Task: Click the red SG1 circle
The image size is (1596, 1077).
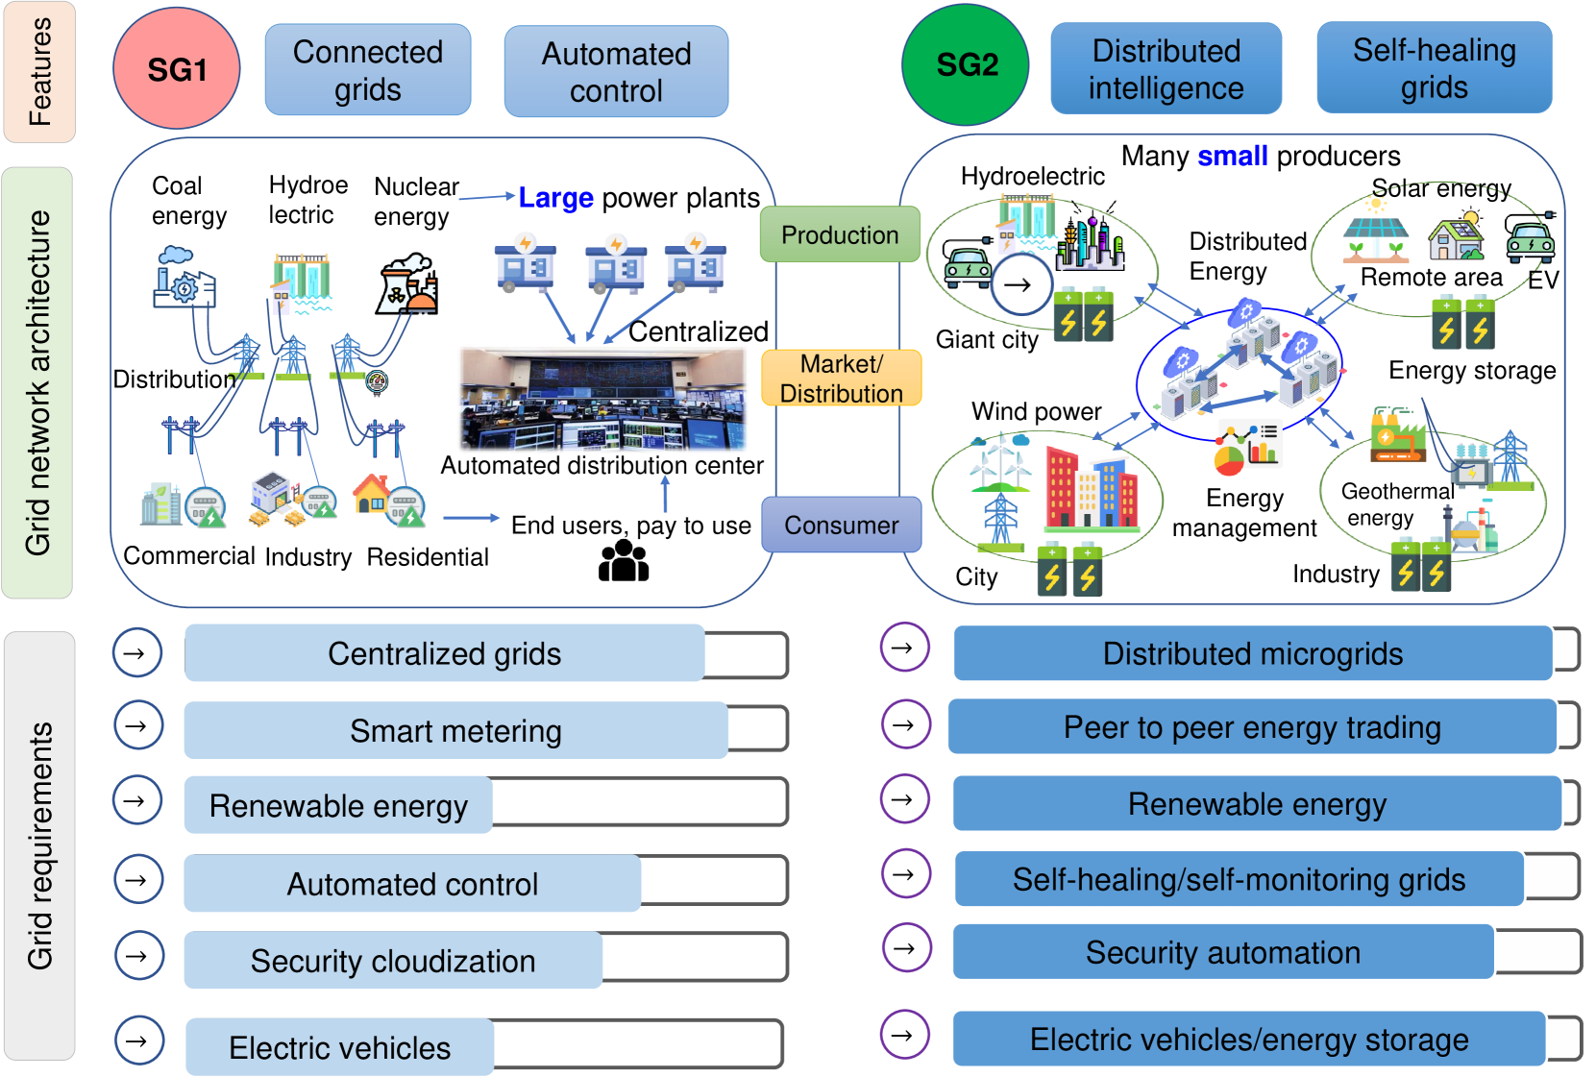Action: point(177,68)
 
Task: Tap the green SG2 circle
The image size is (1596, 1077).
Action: point(966,64)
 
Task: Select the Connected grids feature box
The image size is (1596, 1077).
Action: point(368,70)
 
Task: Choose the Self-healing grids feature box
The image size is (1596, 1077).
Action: point(1434,67)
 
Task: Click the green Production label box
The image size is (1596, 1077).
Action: point(840,234)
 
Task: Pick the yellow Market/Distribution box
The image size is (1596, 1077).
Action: point(841,379)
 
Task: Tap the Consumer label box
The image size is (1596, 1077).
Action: point(842,525)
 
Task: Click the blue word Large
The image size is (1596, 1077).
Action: point(555,197)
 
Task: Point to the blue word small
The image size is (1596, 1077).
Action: point(1233,156)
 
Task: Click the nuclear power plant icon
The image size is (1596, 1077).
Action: point(406,284)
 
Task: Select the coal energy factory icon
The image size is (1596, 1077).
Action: point(184,277)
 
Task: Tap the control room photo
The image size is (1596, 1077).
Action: point(602,399)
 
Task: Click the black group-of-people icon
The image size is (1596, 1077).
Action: point(624,560)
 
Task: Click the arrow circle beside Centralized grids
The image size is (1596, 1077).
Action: point(137,653)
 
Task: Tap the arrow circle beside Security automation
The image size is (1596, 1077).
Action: point(906,948)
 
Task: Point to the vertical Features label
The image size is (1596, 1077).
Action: point(40,72)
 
